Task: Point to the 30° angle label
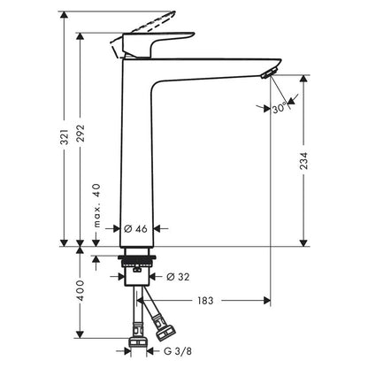pos(279,109)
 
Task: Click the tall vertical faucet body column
pos(137,159)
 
